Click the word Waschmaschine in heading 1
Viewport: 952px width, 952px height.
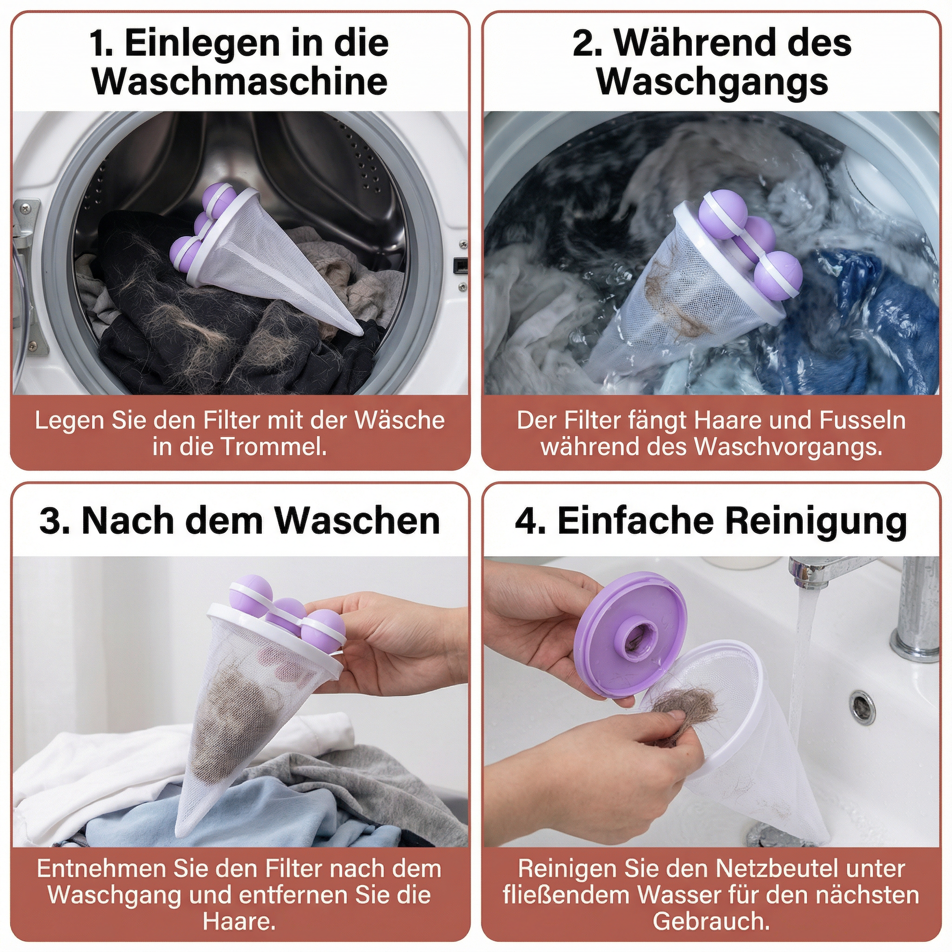point(240,82)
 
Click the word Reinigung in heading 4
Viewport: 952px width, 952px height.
point(816,521)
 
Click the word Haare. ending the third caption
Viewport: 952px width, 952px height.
point(239,921)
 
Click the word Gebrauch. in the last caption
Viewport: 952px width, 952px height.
point(711,921)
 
